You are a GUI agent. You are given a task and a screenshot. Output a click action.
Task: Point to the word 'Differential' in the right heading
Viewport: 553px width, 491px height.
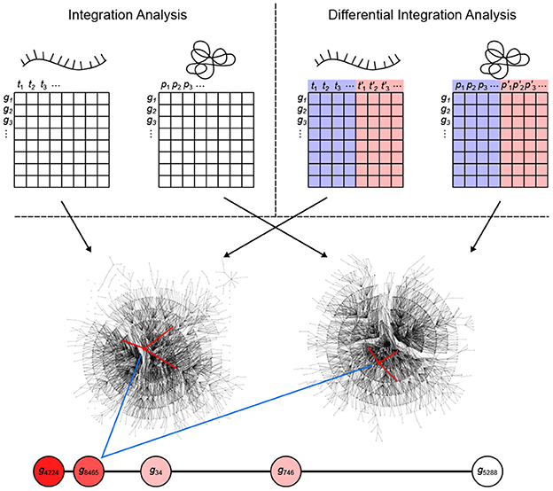pos(367,15)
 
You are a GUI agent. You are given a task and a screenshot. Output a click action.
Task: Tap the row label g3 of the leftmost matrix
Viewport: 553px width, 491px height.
pos(9,121)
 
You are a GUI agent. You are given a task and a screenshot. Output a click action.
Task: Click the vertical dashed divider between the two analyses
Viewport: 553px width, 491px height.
pos(276,106)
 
